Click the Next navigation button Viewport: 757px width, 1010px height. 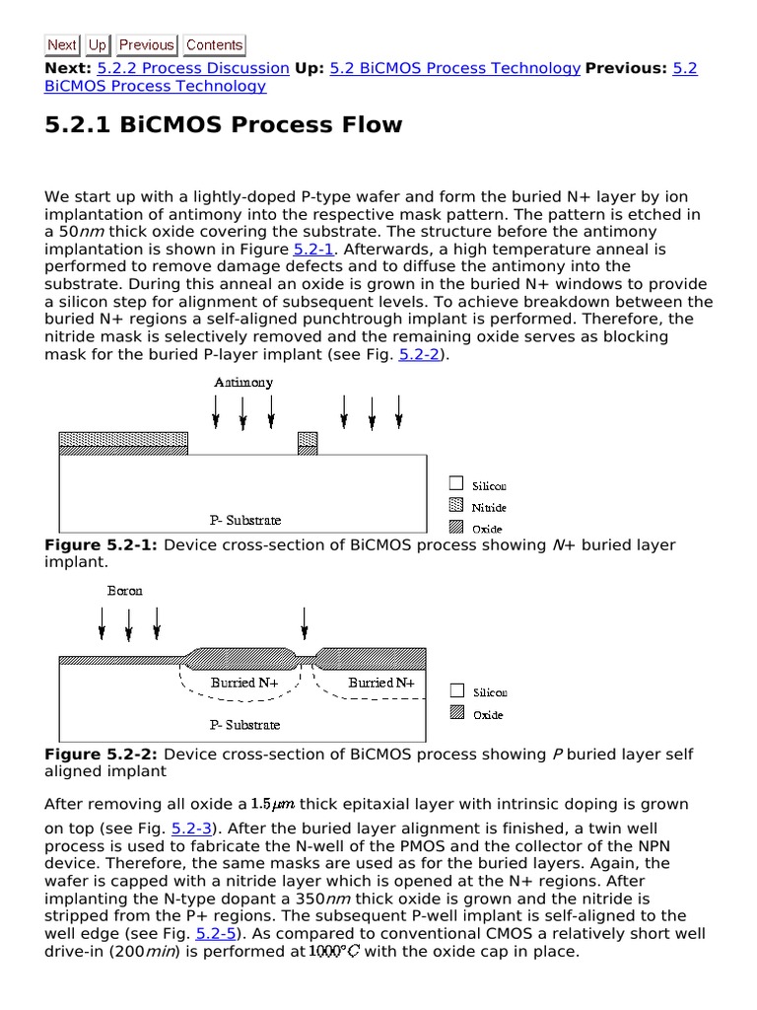coord(61,44)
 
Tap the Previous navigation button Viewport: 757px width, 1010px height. coord(146,44)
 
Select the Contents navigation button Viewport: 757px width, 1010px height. coord(214,44)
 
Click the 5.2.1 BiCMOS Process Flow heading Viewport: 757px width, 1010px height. coord(224,125)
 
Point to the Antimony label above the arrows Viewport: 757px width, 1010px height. coord(242,382)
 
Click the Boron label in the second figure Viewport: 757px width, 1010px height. coord(124,591)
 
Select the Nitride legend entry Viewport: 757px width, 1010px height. coord(488,507)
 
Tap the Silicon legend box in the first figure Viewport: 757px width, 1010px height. coord(455,484)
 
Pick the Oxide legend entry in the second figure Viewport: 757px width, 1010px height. coord(488,715)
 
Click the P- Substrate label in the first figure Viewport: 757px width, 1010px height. coord(245,520)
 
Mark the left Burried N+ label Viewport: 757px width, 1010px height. coord(244,683)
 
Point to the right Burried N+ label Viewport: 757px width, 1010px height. coord(381,683)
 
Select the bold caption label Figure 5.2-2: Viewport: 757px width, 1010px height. coord(101,755)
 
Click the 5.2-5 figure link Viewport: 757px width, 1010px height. coord(214,932)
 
